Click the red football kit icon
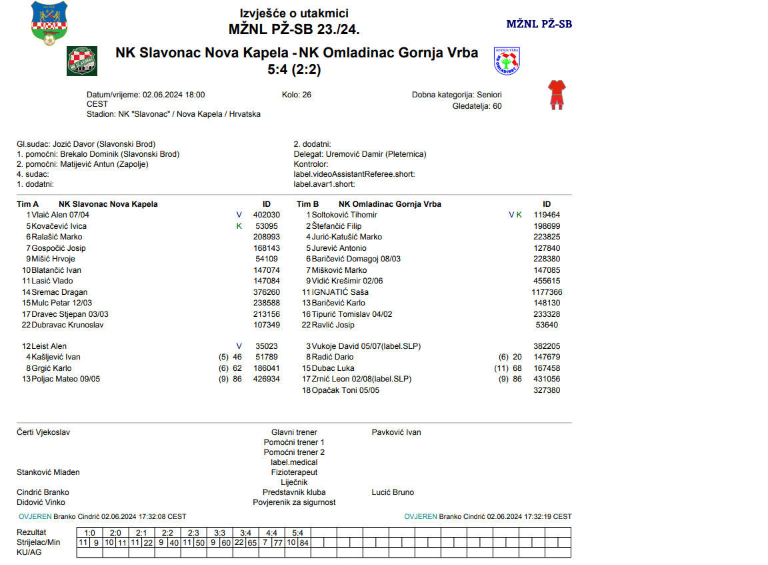tap(556, 95)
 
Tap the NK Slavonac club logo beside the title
tap(82, 61)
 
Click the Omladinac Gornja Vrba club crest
tap(507, 61)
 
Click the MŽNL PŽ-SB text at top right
tap(539, 24)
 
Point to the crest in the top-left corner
tap(49, 23)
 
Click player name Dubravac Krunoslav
tap(67, 325)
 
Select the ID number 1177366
tap(547, 292)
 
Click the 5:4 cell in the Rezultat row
tap(297, 533)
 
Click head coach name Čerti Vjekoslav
tap(43, 432)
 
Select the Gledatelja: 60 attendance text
tap(477, 105)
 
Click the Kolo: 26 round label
tap(297, 95)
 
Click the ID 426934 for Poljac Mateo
tap(267, 379)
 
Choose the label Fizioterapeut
tap(294, 472)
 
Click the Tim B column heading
tap(307, 204)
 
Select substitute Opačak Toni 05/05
tap(345, 390)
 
